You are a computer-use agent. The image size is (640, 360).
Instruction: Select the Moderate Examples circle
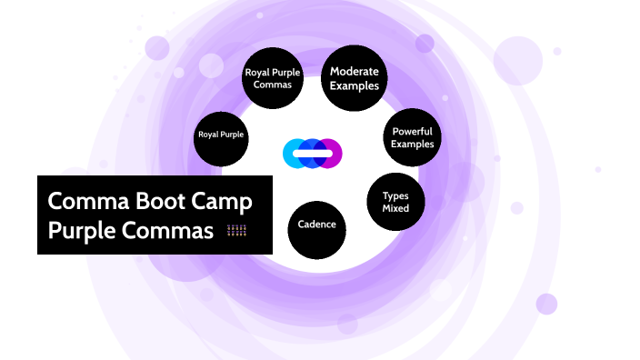(355, 78)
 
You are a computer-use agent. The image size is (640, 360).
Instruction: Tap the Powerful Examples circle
(412, 137)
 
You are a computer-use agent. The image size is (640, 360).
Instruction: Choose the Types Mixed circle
(395, 202)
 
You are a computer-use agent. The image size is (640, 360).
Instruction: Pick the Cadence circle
(317, 225)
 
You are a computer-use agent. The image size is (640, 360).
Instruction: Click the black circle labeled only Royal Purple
(221, 135)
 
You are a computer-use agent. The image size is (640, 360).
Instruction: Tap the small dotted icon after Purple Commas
(236, 231)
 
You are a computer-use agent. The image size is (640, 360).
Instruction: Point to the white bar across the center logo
(312, 154)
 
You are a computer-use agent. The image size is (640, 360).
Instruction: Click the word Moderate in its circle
(355, 71)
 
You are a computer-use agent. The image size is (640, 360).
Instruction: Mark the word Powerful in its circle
(412, 131)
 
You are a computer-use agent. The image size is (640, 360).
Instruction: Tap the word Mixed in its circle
(395, 208)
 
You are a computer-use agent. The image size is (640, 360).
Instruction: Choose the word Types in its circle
(395, 195)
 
